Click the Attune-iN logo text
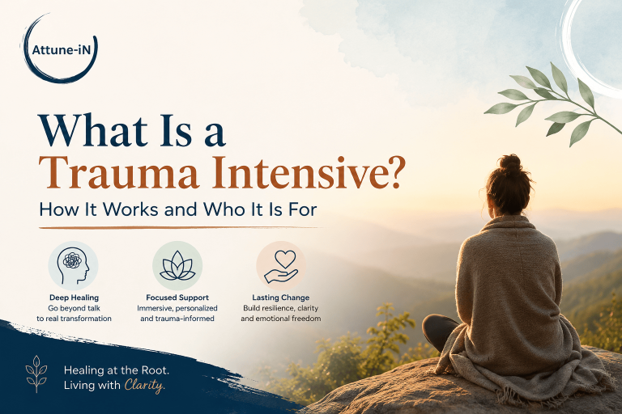[61, 50]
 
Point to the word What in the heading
[93, 131]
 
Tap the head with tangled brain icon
[73, 265]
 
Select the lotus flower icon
[177, 265]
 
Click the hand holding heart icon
[281, 266]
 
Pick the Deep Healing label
[75, 298]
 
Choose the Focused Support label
[177, 298]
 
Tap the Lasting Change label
[281, 298]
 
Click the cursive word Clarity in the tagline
[144, 386]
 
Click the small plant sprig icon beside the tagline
[36, 374]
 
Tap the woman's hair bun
[510, 163]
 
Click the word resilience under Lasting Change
[275, 308]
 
